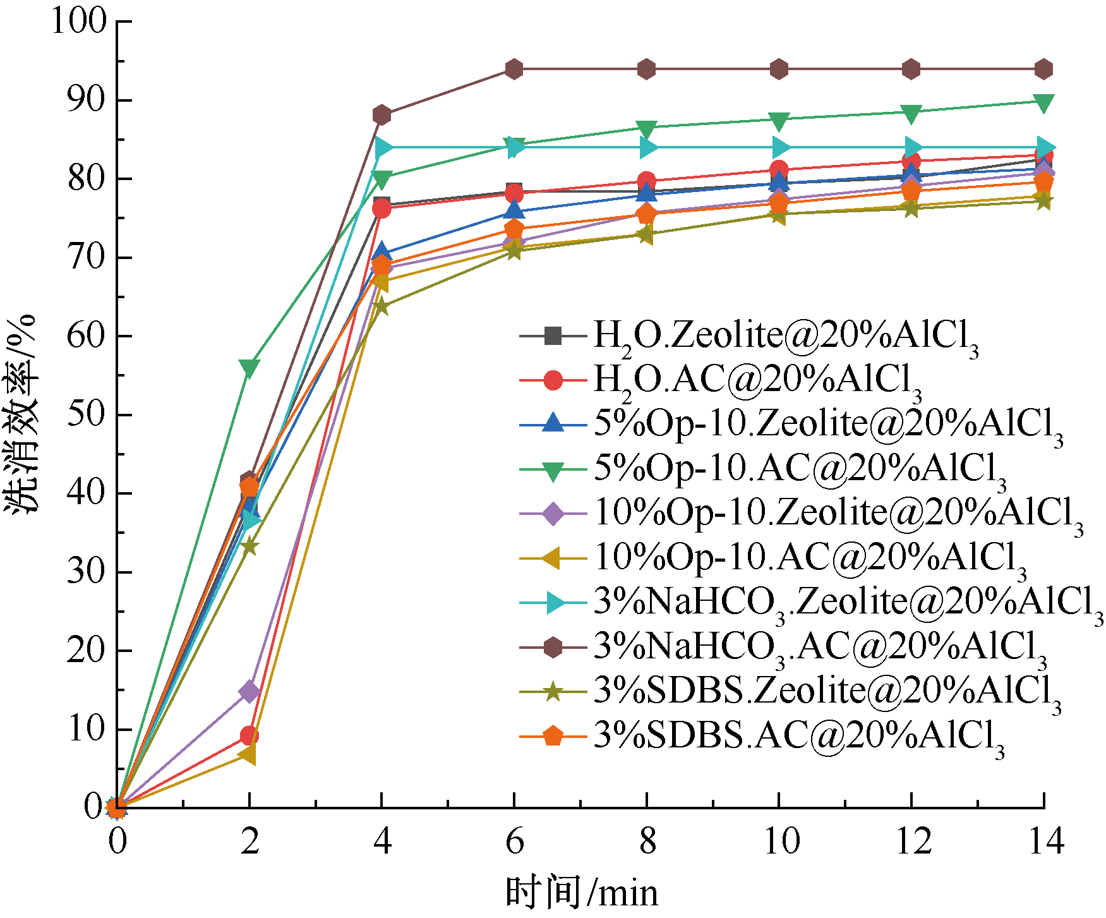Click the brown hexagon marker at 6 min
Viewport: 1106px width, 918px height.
[x=514, y=69]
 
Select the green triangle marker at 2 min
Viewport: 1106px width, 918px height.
[x=249, y=368]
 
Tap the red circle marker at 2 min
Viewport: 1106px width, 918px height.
[x=249, y=735]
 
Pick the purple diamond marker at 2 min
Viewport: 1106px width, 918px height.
[x=249, y=691]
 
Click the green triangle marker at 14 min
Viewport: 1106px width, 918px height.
[x=1043, y=102]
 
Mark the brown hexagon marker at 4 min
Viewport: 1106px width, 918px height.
[x=382, y=115]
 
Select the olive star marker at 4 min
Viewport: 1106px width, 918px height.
[x=382, y=306]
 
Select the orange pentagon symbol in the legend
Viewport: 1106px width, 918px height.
[x=553, y=736]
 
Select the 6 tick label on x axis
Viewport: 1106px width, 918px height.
[x=515, y=843]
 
